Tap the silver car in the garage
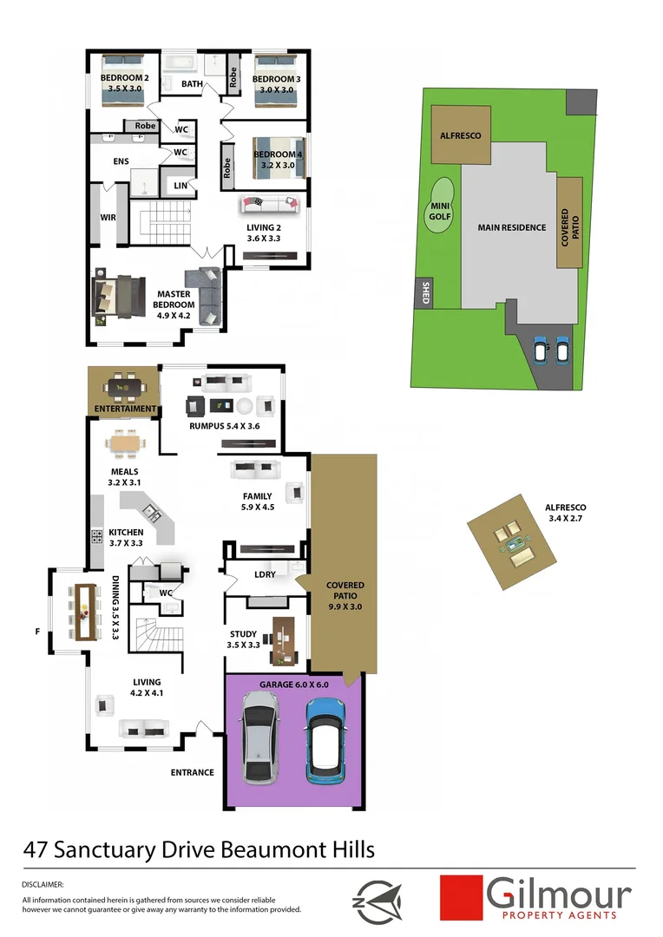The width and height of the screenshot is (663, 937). pos(262,744)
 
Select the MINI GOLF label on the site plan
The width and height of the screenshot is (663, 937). pos(440,211)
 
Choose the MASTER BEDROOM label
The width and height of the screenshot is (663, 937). pos(174,299)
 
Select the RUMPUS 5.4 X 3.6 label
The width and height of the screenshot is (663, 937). pos(225,426)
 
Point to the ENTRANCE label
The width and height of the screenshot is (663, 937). pos(192,772)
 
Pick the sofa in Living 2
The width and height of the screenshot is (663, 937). pos(269,205)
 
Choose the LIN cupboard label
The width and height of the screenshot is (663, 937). pos(181,185)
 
